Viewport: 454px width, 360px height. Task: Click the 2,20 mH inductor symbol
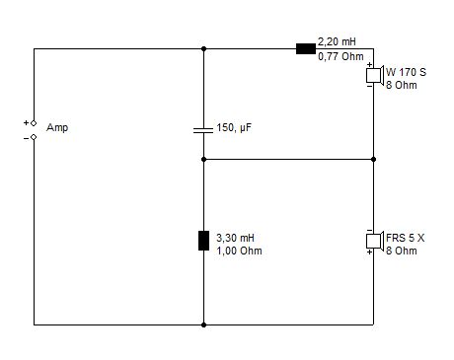click(x=306, y=49)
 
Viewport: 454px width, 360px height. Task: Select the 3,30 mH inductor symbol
click(x=203, y=241)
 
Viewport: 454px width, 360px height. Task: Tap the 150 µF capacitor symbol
click(x=203, y=130)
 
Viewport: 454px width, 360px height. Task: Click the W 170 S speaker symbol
click(x=375, y=75)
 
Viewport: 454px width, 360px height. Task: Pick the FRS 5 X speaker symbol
click(x=375, y=241)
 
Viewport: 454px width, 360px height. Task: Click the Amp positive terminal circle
click(x=34, y=123)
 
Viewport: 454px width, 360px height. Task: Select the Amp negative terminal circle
click(x=34, y=137)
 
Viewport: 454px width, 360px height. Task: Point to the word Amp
click(x=57, y=127)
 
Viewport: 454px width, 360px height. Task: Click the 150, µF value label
click(x=234, y=127)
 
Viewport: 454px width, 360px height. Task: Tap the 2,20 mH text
click(x=337, y=41)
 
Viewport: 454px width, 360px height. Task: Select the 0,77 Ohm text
click(x=340, y=56)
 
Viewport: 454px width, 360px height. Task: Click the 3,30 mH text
click(x=235, y=238)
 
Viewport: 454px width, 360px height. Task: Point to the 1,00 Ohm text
click(x=239, y=251)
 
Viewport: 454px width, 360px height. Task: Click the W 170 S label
click(x=406, y=72)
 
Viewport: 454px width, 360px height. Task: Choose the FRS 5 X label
click(x=406, y=238)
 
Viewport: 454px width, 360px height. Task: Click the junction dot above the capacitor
click(x=203, y=49)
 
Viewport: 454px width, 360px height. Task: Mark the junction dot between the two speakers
click(x=373, y=159)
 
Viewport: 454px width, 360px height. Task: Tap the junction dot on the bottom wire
click(x=203, y=324)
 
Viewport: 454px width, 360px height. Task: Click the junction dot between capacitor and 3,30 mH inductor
click(x=203, y=159)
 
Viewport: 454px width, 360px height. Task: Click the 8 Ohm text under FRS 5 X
click(x=402, y=251)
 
